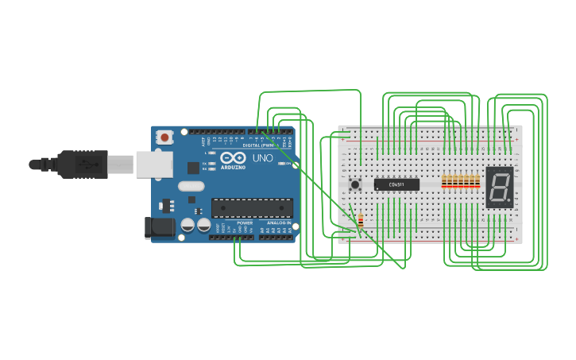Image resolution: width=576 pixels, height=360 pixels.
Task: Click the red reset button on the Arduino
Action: pyautogui.click(x=164, y=137)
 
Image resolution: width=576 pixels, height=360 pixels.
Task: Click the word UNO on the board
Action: pyautogui.click(x=263, y=158)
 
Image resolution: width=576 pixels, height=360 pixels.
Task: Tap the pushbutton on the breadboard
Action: pyautogui.click(x=355, y=184)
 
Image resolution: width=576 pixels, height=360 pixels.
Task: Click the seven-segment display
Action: pyautogui.click(x=499, y=187)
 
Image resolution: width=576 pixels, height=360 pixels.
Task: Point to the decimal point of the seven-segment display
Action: pyautogui.click(x=508, y=199)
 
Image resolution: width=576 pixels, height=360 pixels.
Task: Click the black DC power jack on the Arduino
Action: pyautogui.click(x=161, y=227)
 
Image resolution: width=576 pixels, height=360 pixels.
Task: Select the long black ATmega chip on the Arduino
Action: pyautogui.click(x=252, y=207)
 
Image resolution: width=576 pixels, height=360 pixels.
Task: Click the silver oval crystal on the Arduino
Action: pyautogui.click(x=191, y=187)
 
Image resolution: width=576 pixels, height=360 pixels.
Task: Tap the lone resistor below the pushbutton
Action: pyautogui.click(x=361, y=221)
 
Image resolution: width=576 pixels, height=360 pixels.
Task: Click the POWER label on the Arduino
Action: pyautogui.click(x=245, y=223)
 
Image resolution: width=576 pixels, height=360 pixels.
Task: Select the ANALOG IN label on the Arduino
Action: pyautogui.click(x=278, y=223)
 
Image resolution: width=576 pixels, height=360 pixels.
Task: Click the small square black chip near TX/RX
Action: pyautogui.click(x=193, y=168)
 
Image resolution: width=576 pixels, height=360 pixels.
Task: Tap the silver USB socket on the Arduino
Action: pyautogui.click(x=153, y=164)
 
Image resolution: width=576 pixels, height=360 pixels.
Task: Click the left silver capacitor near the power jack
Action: pyautogui.click(x=187, y=225)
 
